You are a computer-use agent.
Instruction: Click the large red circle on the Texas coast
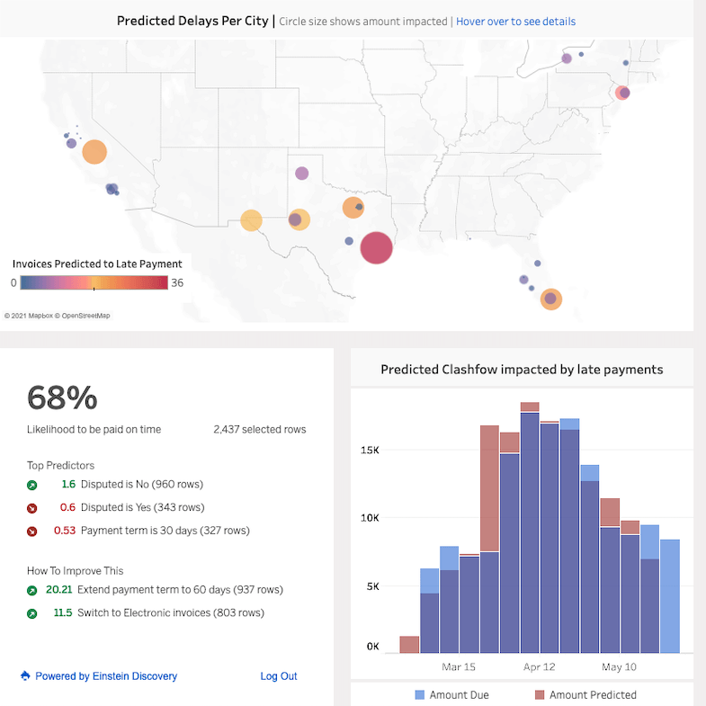point(376,247)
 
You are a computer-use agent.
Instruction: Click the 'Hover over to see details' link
point(515,21)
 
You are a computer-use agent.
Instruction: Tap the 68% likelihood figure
point(62,397)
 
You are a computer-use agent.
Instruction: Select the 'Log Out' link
point(278,676)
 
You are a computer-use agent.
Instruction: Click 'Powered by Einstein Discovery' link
point(105,676)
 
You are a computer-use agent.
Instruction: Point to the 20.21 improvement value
point(58,590)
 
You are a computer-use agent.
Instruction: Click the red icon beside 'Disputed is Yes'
point(32,507)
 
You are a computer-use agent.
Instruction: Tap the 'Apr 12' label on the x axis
point(539,666)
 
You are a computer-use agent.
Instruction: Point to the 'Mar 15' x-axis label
point(459,666)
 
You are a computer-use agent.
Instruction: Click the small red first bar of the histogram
point(409,644)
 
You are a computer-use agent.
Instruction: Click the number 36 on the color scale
point(176,282)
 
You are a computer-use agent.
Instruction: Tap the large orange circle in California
point(94,152)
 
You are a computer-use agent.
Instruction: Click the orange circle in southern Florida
point(551,299)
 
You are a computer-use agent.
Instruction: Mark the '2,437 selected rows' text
point(259,430)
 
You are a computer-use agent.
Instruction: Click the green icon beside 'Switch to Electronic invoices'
point(32,613)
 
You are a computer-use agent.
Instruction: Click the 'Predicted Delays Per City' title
point(192,21)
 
